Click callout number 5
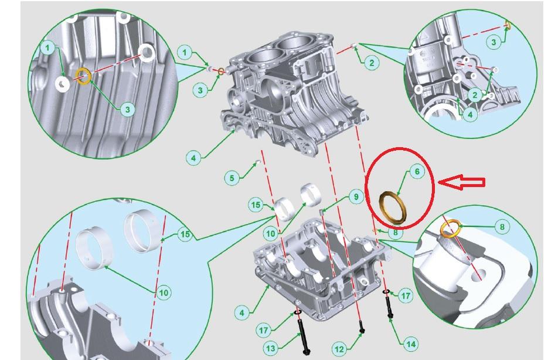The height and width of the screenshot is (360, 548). click(x=232, y=178)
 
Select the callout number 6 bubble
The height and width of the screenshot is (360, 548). click(x=417, y=171)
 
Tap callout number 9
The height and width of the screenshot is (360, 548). click(x=356, y=197)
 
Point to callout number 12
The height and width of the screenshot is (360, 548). click(x=339, y=349)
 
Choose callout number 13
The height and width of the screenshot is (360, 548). click(x=271, y=348)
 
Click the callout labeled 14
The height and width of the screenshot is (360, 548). click(x=411, y=344)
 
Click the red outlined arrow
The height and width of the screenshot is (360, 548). click(x=461, y=182)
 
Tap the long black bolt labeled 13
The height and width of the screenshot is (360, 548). click(x=302, y=335)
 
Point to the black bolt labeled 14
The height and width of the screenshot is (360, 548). click(x=390, y=307)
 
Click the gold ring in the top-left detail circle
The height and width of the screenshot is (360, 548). click(x=84, y=76)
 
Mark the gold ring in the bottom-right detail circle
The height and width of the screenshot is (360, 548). click(x=450, y=228)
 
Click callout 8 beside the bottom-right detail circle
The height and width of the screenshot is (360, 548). click(x=502, y=227)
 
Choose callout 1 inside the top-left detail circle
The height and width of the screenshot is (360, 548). click(x=48, y=48)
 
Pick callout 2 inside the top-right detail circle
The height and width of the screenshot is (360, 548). click(x=475, y=95)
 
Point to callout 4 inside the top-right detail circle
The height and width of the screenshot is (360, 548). click(x=470, y=114)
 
